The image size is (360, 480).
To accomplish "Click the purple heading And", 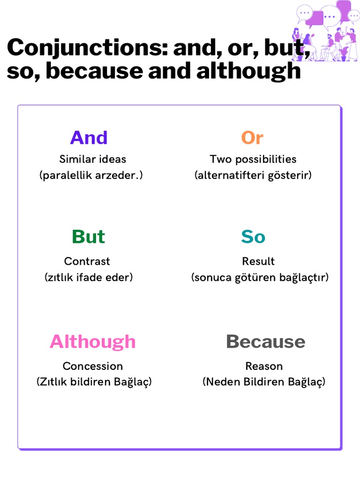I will (89, 138).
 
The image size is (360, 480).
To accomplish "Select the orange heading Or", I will (252, 138).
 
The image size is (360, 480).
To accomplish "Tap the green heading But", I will (88, 237).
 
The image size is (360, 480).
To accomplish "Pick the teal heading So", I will (253, 237).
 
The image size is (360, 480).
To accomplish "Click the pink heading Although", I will (93, 342).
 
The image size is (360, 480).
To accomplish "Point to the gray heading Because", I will (265, 342).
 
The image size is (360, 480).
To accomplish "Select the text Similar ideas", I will (93, 159).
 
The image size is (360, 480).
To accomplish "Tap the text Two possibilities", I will (253, 159).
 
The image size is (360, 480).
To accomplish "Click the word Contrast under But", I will (87, 261).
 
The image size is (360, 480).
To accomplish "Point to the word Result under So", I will (258, 261).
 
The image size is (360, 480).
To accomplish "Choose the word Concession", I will (93, 366).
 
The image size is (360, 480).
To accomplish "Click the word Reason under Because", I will (264, 366).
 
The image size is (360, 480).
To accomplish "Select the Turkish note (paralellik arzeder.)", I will (91, 175).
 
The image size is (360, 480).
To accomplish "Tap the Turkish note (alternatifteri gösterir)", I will (253, 175).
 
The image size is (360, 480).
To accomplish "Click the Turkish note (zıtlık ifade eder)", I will (89, 277).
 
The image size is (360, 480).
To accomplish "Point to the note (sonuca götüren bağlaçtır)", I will (260, 277).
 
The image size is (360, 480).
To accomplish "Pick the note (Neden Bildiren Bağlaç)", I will (264, 382).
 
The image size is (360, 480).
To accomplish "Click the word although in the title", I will (248, 71).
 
